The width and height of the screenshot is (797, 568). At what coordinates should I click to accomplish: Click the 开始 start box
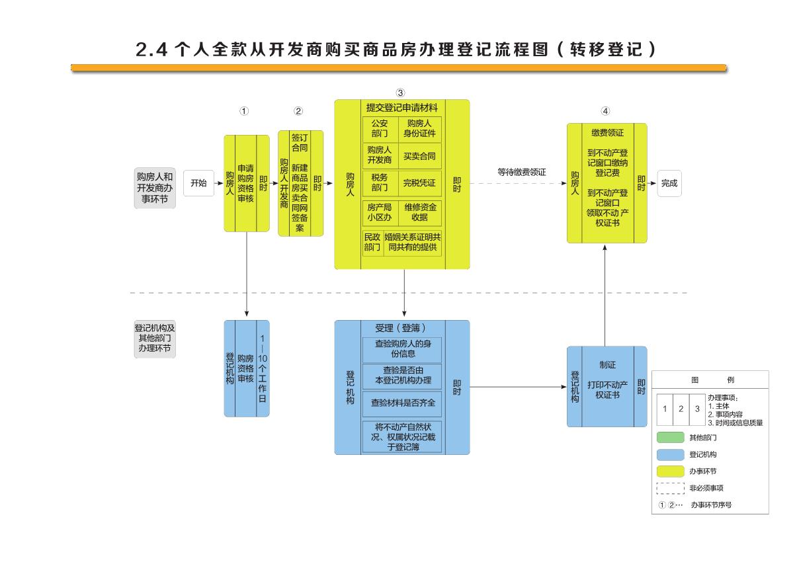(198, 183)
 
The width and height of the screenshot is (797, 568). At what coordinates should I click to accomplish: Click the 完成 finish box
(669, 183)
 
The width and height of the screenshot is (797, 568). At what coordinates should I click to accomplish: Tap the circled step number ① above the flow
(244, 111)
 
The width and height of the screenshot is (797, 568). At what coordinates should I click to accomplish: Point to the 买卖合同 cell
(419, 155)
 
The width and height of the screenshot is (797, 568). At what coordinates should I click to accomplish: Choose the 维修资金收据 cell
(419, 212)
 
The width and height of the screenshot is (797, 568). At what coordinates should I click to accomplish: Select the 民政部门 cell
(372, 242)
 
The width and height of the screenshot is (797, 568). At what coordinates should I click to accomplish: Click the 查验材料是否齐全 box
(402, 402)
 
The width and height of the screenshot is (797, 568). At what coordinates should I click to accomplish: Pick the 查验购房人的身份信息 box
(402, 349)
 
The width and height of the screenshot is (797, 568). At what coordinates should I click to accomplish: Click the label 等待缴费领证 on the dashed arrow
(521, 172)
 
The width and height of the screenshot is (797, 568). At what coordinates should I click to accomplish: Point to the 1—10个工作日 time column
(263, 368)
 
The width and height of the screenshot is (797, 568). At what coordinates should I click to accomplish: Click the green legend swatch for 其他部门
(670, 438)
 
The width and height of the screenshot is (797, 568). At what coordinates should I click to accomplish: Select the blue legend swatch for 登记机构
(670, 455)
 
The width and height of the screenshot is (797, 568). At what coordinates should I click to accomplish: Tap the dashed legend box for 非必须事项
(670, 489)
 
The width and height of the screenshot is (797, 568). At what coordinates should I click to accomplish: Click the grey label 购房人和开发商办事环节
(155, 188)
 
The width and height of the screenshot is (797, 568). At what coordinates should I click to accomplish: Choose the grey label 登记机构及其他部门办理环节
(155, 338)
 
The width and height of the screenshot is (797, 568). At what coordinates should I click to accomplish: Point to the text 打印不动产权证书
(607, 389)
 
